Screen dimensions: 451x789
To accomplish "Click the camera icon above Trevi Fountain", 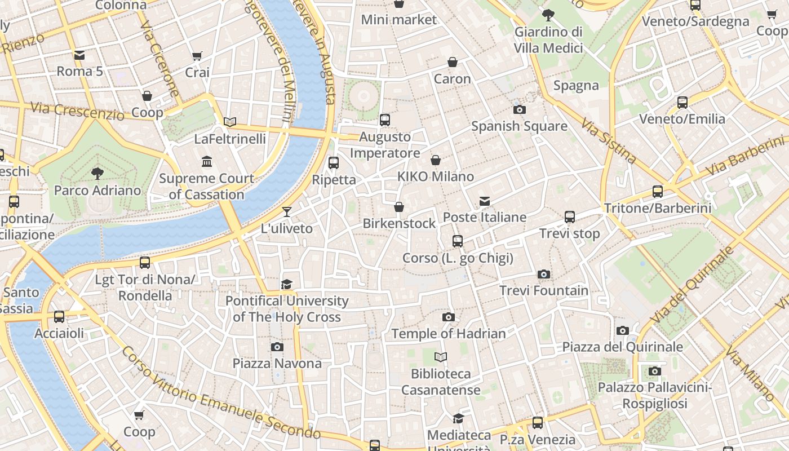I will pyautogui.click(x=543, y=275).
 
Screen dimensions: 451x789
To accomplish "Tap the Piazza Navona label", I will pyautogui.click(x=277, y=364).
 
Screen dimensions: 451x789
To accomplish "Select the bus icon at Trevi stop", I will pyautogui.click(x=570, y=217).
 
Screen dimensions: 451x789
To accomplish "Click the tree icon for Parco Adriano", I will pyautogui.click(x=97, y=173).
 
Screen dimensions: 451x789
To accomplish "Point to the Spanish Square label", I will pyautogui.click(x=519, y=126).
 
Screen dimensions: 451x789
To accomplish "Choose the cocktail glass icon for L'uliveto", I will pyautogui.click(x=287, y=212).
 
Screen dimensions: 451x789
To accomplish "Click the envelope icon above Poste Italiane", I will pyautogui.click(x=484, y=201).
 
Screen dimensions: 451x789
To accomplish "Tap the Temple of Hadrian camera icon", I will pyautogui.click(x=449, y=317).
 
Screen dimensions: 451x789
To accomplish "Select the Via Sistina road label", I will pyautogui.click(x=609, y=141).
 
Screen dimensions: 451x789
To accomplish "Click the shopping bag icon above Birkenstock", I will pyautogui.click(x=399, y=207).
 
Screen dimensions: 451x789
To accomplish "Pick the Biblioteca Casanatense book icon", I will pyautogui.click(x=441, y=357).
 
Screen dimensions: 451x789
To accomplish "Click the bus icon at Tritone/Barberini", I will pyautogui.click(x=658, y=192).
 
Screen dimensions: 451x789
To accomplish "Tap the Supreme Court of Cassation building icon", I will pyautogui.click(x=206, y=162).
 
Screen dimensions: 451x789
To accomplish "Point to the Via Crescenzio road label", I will pyautogui.click(x=77, y=111).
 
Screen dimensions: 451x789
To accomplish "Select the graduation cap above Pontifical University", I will pyautogui.click(x=287, y=284).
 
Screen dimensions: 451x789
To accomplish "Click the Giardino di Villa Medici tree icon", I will pyautogui.click(x=548, y=15).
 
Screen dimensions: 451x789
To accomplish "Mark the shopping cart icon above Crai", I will pyautogui.click(x=197, y=56).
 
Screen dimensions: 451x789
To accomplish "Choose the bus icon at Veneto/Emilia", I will pyautogui.click(x=682, y=103).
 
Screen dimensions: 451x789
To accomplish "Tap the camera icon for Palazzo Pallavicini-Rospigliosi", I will pyautogui.click(x=654, y=371).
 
